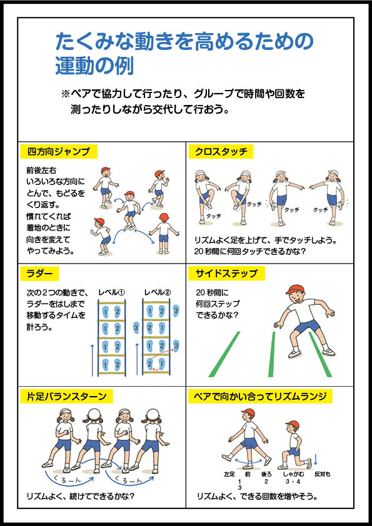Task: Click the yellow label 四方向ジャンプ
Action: coord(58,152)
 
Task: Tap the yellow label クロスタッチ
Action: coord(221,152)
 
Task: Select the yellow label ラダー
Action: coord(39,274)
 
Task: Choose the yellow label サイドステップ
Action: coord(227,274)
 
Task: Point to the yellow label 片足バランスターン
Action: coord(66,396)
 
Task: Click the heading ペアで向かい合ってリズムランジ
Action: coord(261,396)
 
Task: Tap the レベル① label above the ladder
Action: coord(111,292)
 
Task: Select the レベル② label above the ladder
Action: coord(157,292)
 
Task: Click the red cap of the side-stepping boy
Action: coord(294,289)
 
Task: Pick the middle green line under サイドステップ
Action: coord(271,354)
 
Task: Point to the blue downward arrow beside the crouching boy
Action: coord(315,459)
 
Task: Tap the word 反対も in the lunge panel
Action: coord(323,474)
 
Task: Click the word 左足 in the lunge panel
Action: coord(229,474)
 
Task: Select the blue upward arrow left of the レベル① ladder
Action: coord(93,359)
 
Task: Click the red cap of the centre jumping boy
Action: coord(129,194)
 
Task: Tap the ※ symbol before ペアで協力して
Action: coord(65,94)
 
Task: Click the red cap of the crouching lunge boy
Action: coord(293,424)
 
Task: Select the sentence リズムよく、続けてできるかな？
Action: coord(81,496)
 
